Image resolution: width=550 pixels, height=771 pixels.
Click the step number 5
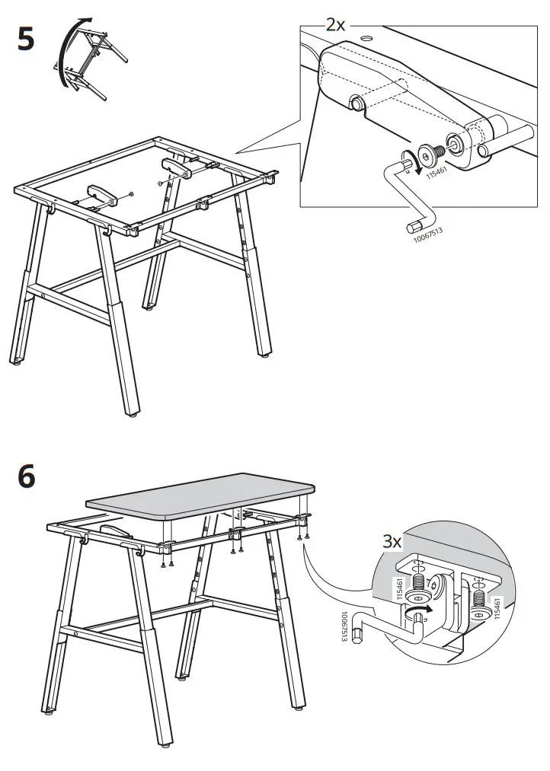[26, 39]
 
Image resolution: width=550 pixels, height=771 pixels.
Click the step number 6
[26, 476]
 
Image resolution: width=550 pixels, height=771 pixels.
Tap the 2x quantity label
[335, 24]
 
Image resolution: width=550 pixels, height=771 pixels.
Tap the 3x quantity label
[392, 541]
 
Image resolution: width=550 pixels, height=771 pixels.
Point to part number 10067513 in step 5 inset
[427, 231]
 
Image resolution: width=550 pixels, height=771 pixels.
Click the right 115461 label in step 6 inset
[497, 610]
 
